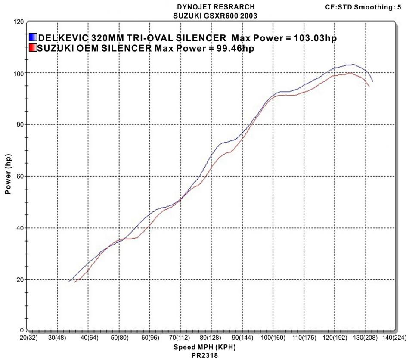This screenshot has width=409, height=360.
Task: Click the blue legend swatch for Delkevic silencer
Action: click(33, 37)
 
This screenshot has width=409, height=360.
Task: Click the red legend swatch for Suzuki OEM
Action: click(33, 48)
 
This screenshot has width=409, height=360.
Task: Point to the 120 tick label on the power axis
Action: click(18, 21)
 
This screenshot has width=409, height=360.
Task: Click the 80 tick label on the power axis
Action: click(20, 124)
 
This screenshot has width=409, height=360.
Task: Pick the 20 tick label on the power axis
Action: click(20, 279)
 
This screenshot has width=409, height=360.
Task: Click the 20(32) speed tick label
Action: click(27, 338)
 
